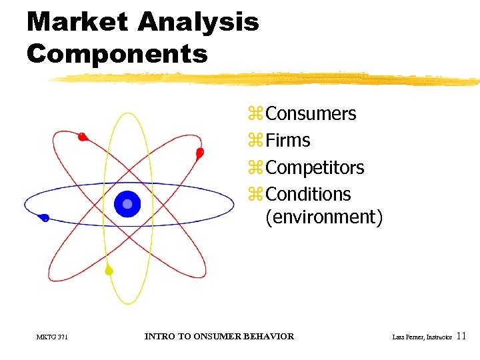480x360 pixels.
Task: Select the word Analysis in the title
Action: point(198,23)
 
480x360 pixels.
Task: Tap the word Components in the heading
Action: point(117,53)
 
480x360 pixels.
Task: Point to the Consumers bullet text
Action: point(311,114)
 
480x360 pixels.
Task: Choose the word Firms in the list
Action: point(287,141)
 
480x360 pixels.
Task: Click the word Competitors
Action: point(315,167)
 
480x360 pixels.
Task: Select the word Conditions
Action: point(308,194)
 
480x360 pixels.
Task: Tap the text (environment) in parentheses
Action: point(324,217)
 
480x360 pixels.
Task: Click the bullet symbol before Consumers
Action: point(256,115)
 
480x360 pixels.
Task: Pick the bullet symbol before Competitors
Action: point(256,168)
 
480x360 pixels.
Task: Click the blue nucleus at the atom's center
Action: point(127,204)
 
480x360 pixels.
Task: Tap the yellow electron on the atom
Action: point(109,271)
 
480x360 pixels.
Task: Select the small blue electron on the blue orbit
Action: point(44,217)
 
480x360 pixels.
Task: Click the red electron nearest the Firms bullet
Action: point(199,153)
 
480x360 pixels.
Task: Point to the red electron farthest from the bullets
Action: point(82,137)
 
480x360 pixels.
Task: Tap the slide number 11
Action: point(463,337)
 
